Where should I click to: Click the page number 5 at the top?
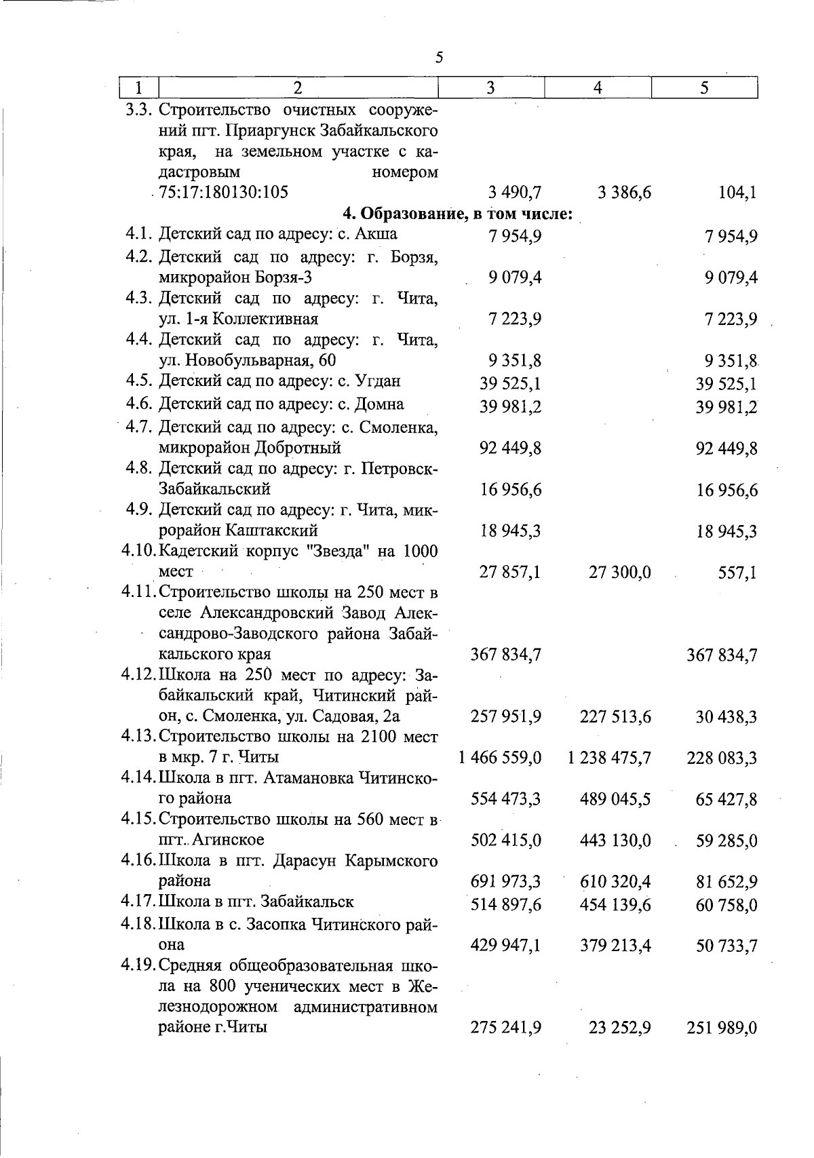[x=439, y=57]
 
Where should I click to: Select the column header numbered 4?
[x=598, y=88]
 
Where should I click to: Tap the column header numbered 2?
[x=298, y=88]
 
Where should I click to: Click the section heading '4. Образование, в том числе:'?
[x=459, y=214]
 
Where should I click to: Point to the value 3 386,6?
[x=625, y=193]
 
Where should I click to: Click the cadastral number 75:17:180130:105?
[x=223, y=192]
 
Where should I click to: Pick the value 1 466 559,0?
[x=500, y=758]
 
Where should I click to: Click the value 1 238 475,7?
[x=609, y=758]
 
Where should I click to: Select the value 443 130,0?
[x=615, y=841]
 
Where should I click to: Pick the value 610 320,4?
[x=615, y=882]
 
